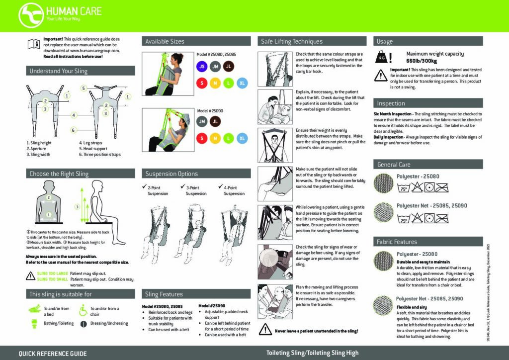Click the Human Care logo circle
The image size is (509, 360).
coord(30,15)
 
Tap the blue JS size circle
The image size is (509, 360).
coord(202,66)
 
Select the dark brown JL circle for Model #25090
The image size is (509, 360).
coord(216,120)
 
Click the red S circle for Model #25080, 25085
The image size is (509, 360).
coord(202,83)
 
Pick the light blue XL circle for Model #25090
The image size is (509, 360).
coord(242,138)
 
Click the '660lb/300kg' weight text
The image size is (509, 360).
coord(421,61)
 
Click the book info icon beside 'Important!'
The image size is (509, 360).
coord(33,44)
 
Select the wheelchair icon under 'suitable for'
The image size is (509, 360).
coord(81,310)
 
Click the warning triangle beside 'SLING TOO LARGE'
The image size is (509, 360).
coord(30,276)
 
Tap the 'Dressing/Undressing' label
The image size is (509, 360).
coord(109,323)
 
